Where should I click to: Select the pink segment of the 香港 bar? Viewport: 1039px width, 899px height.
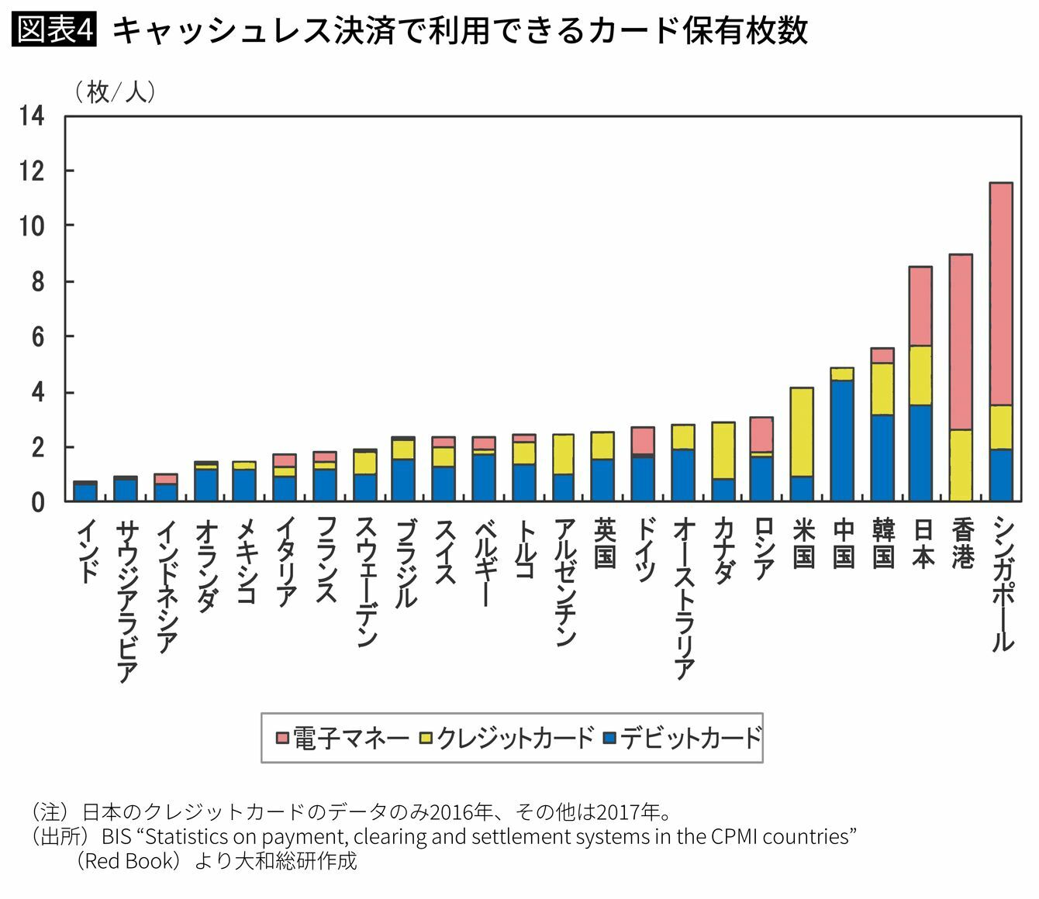pyautogui.click(x=961, y=342)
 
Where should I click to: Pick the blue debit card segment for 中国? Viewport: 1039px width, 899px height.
pyautogui.click(x=842, y=440)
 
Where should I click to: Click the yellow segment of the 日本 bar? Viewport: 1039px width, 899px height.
pyautogui.click(x=921, y=375)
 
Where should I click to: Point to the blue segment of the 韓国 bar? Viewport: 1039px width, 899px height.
pyautogui.click(x=882, y=458)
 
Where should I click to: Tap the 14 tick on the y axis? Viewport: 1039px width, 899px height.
pyautogui.click(x=33, y=116)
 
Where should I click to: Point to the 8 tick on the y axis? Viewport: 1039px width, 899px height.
pyautogui.click(x=37, y=282)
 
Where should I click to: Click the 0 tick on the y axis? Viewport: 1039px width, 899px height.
pyautogui.click(x=37, y=503)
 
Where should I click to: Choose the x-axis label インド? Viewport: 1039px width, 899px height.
pyautogui.click(x=88, y=552)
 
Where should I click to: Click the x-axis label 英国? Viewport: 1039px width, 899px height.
pyautogui.click(x=605, y=542)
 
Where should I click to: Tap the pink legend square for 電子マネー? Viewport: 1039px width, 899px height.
pyautogui.click(x=282, y=738)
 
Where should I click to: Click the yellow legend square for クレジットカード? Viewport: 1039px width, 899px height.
pyautogui.click(x=426, y=738)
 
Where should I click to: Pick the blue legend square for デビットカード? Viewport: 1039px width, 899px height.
pyautogui.click(x=609, y=738)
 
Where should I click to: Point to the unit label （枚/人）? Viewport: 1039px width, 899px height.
pyautogui.click(x=115, y=93)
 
